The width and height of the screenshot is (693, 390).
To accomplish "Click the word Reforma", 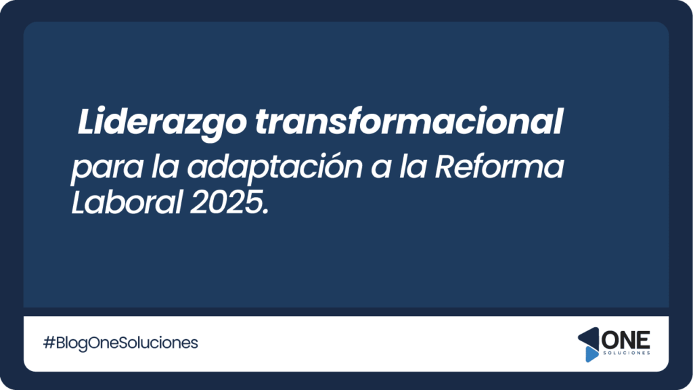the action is point(499,166).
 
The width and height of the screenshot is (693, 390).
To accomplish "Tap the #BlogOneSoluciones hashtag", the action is point(120,343).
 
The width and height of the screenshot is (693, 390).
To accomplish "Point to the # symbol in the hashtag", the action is point(49,343).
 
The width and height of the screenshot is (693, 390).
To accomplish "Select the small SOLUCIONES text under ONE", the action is point(627,353).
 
